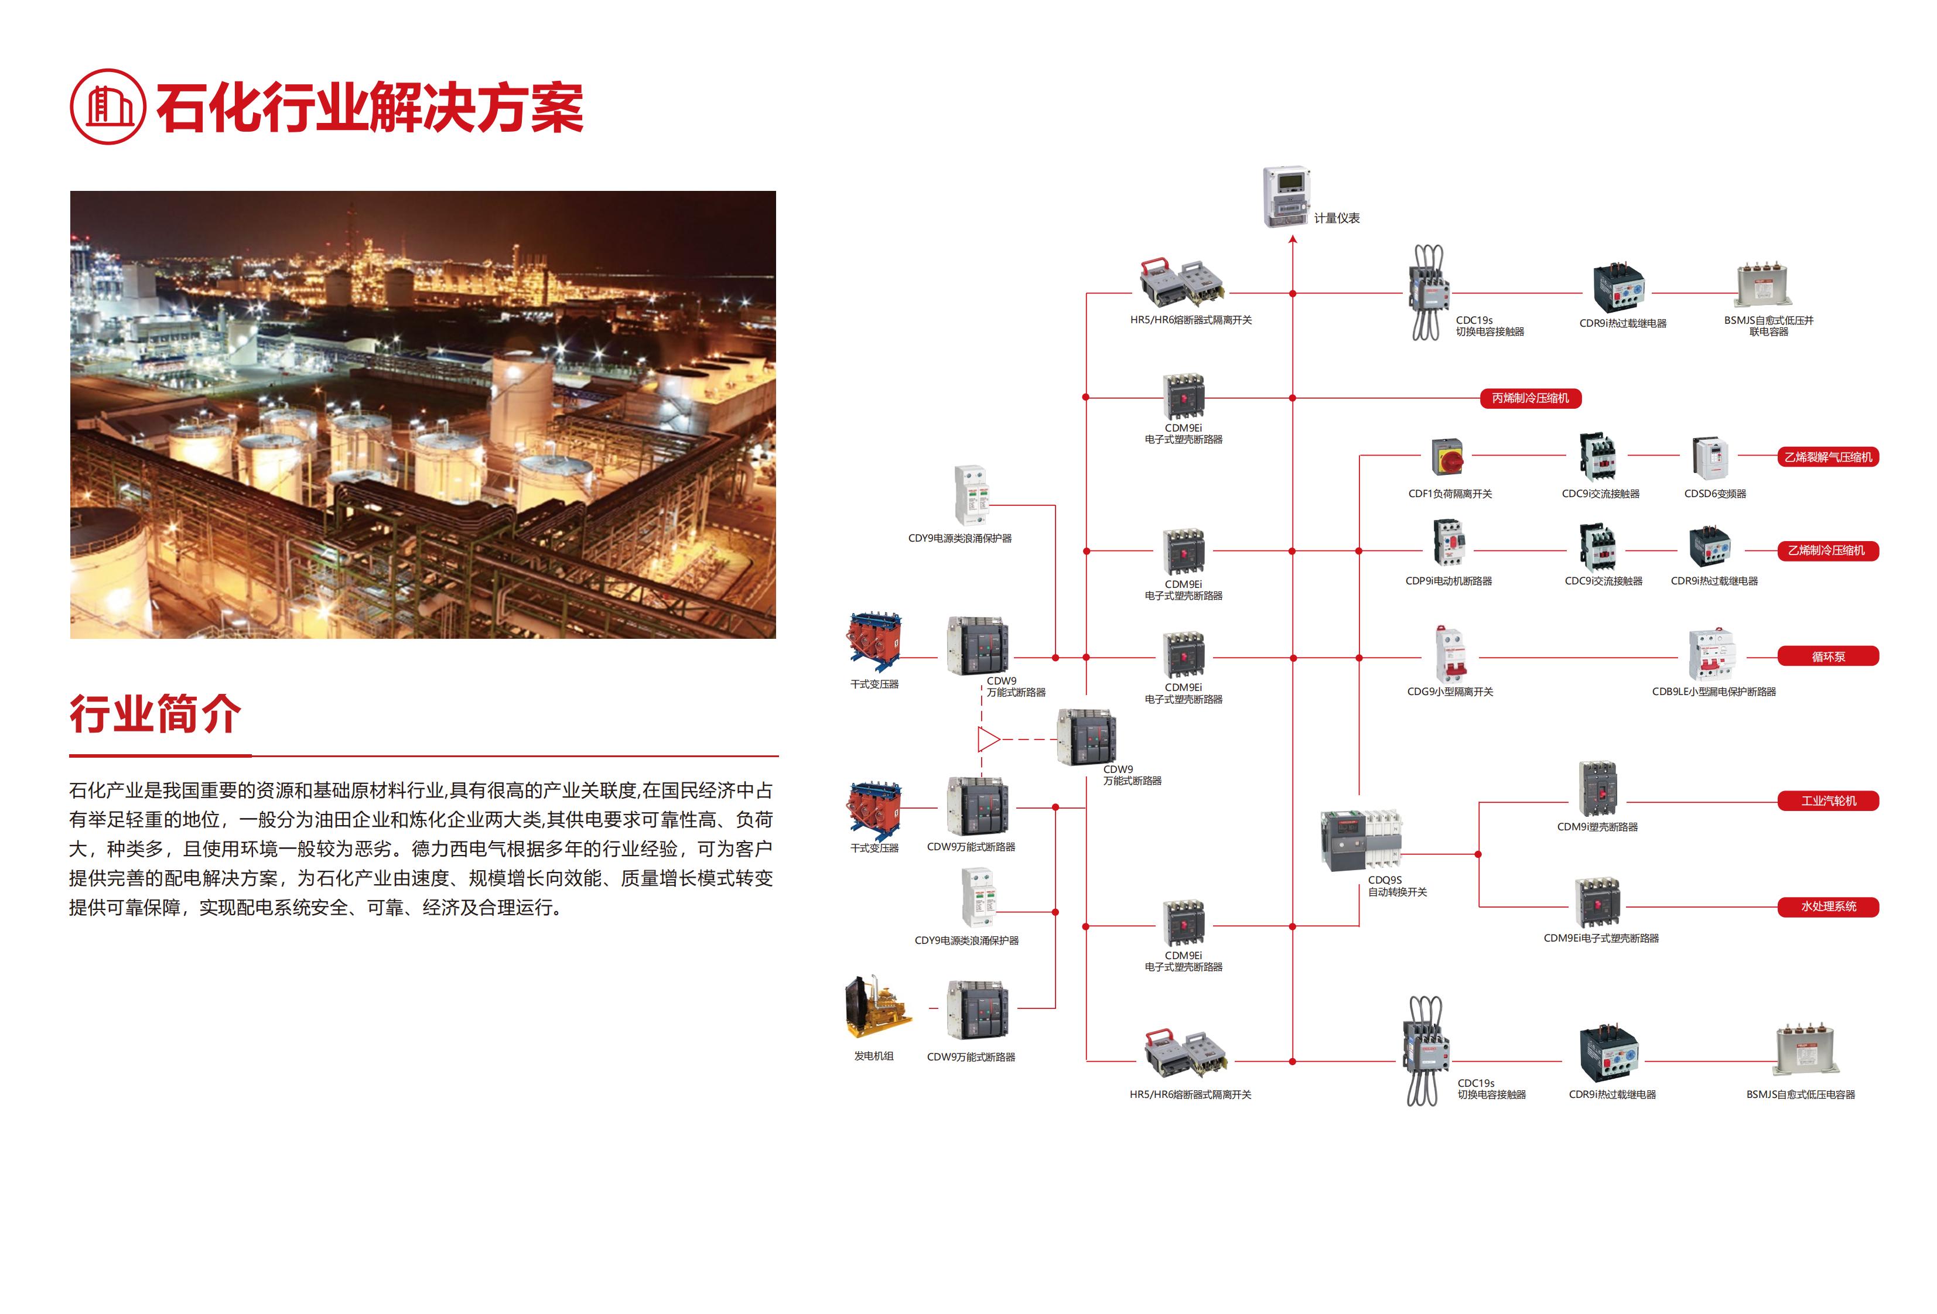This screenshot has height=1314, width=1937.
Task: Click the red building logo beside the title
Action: (108, 107)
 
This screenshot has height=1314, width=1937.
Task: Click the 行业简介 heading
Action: (155, 714)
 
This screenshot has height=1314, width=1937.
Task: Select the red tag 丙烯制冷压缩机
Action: (1531, 398)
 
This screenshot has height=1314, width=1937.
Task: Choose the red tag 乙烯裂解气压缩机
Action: (1828, 457)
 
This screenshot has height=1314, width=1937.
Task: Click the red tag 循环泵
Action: (1828, 656)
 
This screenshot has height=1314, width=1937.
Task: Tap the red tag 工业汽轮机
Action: (1828, 800)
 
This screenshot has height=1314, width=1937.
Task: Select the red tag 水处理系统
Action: (1828, 906)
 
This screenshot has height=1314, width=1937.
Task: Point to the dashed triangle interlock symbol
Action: (988, 739)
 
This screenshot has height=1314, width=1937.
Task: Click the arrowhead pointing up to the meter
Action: (1293, 240)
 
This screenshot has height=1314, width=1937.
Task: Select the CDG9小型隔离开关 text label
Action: (1450, 692)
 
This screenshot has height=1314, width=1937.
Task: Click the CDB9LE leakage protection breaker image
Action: (1710, 656)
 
